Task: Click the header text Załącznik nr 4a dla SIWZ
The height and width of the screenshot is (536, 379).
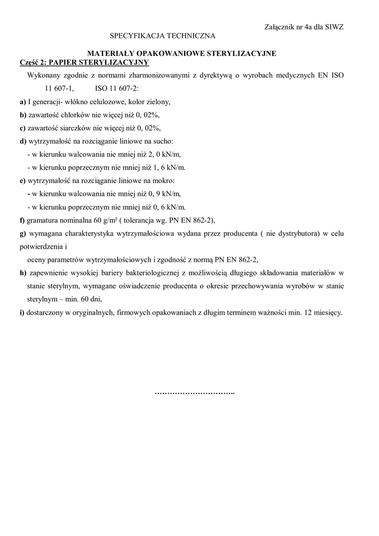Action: pos(301,27)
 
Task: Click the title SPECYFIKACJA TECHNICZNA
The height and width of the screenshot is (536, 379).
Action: pos(162,36)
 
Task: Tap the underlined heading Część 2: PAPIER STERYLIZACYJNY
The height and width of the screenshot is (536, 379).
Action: pos(84,62)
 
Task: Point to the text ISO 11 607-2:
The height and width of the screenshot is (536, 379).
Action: pos(116,88)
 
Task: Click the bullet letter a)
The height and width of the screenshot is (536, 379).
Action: pos(23,102)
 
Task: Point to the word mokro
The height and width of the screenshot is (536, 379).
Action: pos(164,181)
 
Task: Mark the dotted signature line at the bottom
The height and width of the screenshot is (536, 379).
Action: pos(195,393)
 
